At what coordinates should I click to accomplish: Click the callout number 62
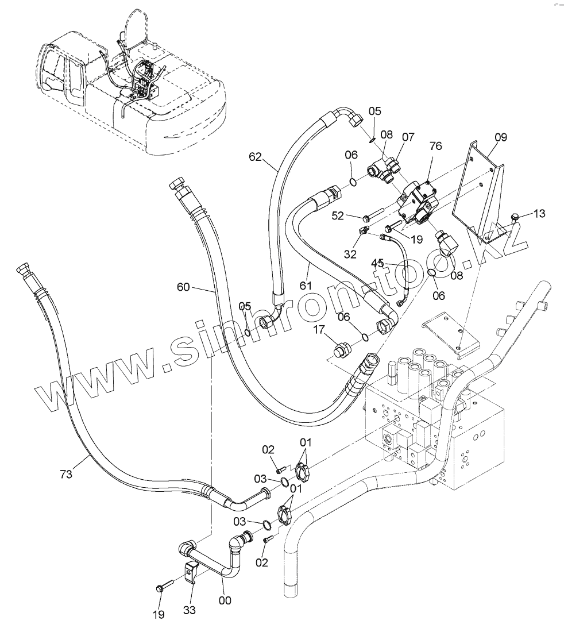point(256,156)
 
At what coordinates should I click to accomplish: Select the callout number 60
point(183,287)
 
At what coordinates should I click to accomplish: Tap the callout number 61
point(305,285)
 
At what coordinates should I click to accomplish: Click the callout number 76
point(435,147)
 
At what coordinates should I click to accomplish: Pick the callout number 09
point(500,137)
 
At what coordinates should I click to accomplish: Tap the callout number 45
point(377,263)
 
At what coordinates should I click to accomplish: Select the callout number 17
point(319,330)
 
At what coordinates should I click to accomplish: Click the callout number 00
point(225,600)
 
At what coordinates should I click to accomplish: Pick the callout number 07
point(408,138)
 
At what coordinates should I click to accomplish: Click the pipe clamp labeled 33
point(190,572)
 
